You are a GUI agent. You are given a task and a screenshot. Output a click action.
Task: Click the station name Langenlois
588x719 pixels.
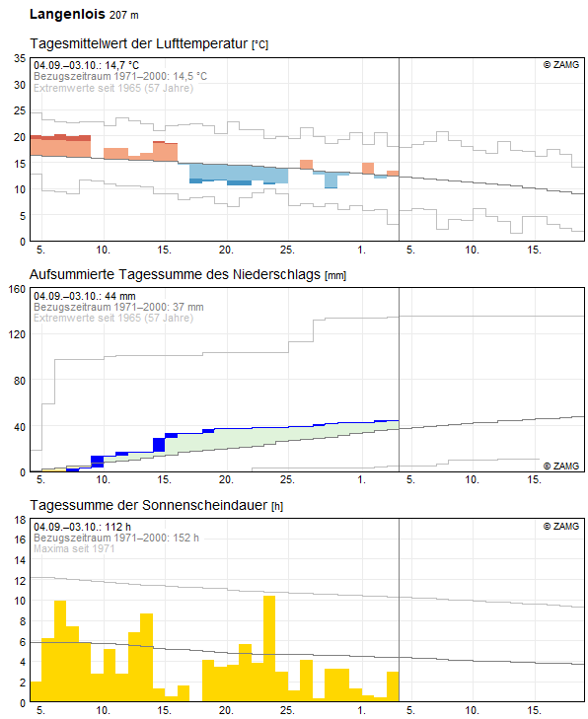pos(67,14)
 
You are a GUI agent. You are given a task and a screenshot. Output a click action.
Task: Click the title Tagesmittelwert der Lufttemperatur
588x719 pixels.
pos(138,43)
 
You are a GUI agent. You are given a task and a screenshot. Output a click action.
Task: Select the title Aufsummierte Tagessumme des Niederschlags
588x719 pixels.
pos(175,274)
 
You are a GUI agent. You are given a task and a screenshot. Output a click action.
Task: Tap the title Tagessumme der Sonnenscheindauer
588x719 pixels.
pos(148,505)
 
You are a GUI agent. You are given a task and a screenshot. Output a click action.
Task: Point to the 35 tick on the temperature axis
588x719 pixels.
pos(20,58)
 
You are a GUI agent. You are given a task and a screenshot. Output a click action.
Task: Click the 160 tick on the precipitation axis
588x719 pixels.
pos(17,289)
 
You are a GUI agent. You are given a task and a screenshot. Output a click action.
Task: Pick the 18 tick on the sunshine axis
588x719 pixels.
pos(20,520)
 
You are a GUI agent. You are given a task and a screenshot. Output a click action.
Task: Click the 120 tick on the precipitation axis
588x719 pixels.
pos(17,334)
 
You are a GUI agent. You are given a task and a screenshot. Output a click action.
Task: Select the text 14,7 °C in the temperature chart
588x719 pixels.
pos(122,65)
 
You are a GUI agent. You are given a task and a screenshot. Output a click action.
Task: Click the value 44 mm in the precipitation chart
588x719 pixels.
pos(120,296)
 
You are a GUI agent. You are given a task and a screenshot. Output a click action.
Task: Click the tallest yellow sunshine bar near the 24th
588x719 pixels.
pos(269,648)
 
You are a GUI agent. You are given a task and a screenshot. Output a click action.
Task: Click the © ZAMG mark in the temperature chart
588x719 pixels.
pos(561,65)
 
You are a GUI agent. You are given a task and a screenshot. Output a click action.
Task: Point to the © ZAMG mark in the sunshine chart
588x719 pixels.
pos(561,526)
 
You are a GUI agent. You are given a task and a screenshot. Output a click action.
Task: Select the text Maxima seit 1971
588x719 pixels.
pos(74,548)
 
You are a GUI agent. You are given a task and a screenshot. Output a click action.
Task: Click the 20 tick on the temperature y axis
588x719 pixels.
pos(20,137)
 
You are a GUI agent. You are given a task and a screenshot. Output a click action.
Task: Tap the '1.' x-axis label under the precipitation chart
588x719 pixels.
pos(361,479)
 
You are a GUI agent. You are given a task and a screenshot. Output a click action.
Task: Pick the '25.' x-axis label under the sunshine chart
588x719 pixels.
pos(287,710)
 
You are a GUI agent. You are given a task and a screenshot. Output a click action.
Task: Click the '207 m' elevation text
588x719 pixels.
pos(124,15)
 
